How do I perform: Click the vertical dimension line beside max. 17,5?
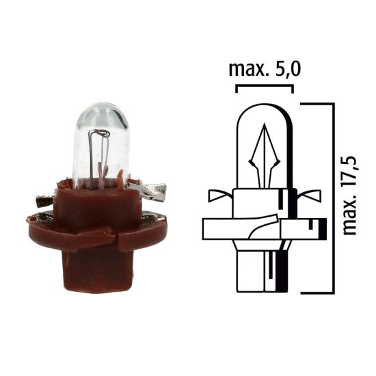[333, 198]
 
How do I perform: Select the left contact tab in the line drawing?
[221, 197]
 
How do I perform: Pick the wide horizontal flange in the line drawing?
[263, 228]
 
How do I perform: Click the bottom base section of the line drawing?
[264, 270]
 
